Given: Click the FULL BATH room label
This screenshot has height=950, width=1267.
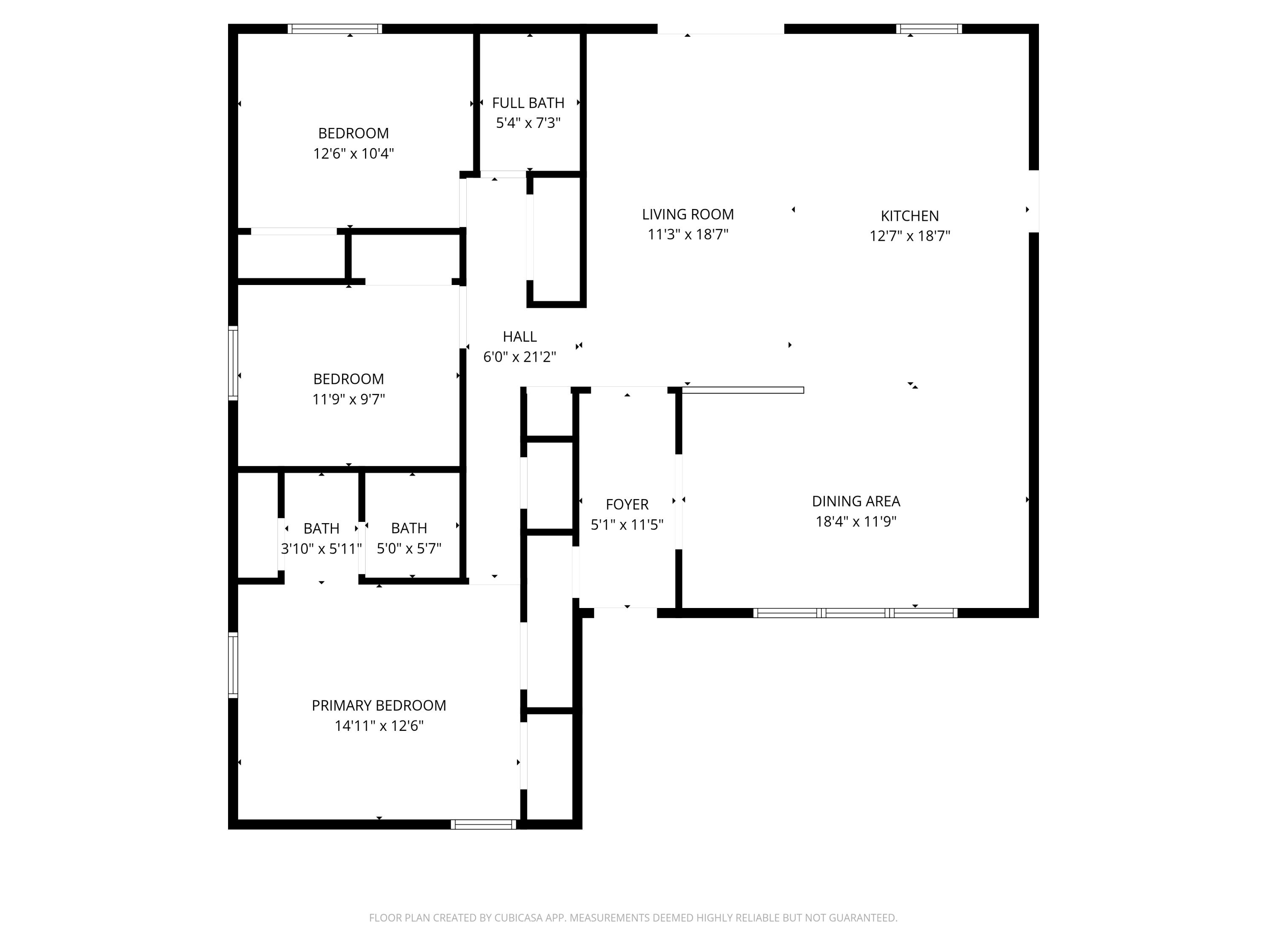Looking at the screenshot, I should [x=527, y=103].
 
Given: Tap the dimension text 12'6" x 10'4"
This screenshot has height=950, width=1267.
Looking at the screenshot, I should [x=353, y=153].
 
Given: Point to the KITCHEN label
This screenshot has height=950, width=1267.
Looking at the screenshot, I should [x=910, y=216].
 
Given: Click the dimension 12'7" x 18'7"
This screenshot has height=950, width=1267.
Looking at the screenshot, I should [x=910, y=236].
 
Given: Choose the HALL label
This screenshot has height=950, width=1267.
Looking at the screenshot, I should [x=519, y=337].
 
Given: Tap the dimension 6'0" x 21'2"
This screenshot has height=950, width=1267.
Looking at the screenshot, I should [x=519, y=357].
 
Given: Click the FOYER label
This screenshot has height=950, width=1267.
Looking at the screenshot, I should [x=627, y=505].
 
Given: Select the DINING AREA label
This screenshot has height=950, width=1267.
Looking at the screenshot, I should [x=856, y=501].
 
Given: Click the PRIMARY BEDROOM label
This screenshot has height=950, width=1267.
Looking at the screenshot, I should [x=378, y=706].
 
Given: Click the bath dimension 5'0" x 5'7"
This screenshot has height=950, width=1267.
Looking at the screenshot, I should [x=409, y=548].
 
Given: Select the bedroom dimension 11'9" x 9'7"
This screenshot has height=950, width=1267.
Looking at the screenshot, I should [x=348, y=399].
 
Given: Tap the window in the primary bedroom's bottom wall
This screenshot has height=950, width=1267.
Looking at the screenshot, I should [x=484, y=825].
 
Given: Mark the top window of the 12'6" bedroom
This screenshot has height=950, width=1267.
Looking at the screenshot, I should [x=334, y=29].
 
